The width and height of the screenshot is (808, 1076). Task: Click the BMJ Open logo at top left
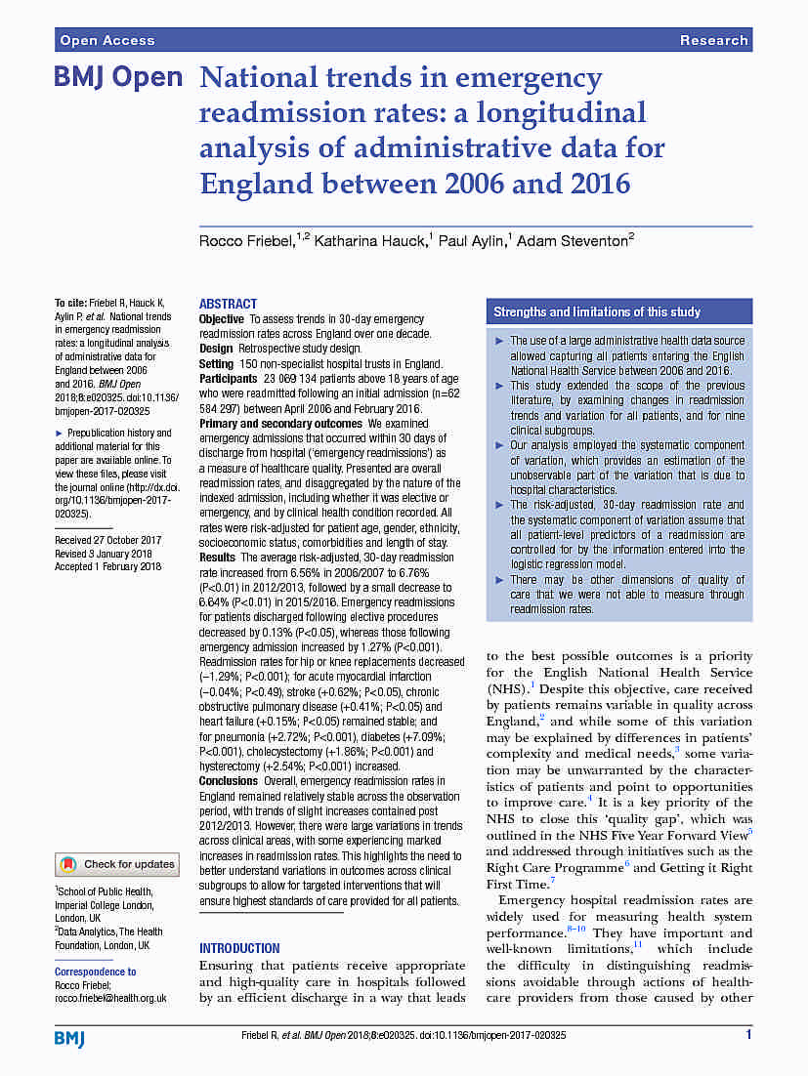click(x=118, y=78)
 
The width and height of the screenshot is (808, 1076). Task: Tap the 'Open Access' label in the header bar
click(x=107, y=40)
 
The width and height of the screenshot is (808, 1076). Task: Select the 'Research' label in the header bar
click(x=713, y=40)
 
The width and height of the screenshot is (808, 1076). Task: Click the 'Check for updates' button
click(x=117, y=864)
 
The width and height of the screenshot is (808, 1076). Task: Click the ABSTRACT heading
click(x=228, y=304)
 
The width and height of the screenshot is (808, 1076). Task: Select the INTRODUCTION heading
click(x=239, y=948)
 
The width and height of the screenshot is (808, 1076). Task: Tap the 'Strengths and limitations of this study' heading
click(x=597, y=311)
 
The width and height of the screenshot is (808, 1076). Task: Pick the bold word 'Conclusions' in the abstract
click(x=228, y=781)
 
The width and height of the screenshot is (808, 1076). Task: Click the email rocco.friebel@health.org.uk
click(x=110, y=998)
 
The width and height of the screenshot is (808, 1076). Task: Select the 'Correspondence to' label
click(x=96, y=972)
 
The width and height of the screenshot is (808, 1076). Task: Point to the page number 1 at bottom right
click(x=748, y=1034)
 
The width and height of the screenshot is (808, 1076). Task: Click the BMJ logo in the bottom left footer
click(x=69, y=1038)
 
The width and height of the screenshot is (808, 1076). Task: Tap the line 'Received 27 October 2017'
click(x=107, y=540)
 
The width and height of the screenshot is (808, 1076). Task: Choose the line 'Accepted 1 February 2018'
click(x=107, y=567)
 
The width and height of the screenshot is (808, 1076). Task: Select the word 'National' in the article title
click(x=256, y=78)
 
